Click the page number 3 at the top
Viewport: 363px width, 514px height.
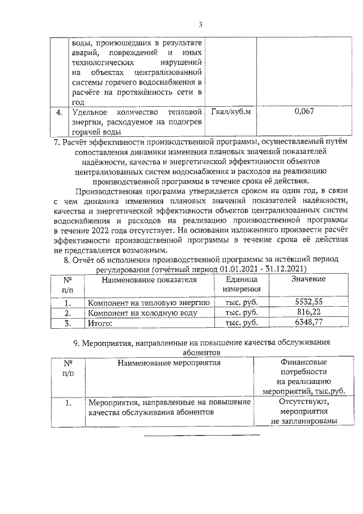pos(201,24)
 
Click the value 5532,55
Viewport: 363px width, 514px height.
pos(309,302)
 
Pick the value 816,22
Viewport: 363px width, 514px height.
pos(309,313)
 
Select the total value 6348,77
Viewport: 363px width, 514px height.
pos(309,323)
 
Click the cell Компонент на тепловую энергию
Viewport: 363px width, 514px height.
pos(149,303)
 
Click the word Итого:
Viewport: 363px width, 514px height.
pos(99,324)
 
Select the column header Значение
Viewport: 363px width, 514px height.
pos(309,279)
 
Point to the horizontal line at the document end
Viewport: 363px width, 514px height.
pos(201,436)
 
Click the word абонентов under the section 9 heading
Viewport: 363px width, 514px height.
pos(201,352)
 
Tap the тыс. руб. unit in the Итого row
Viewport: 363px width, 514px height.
pos(241,323)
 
